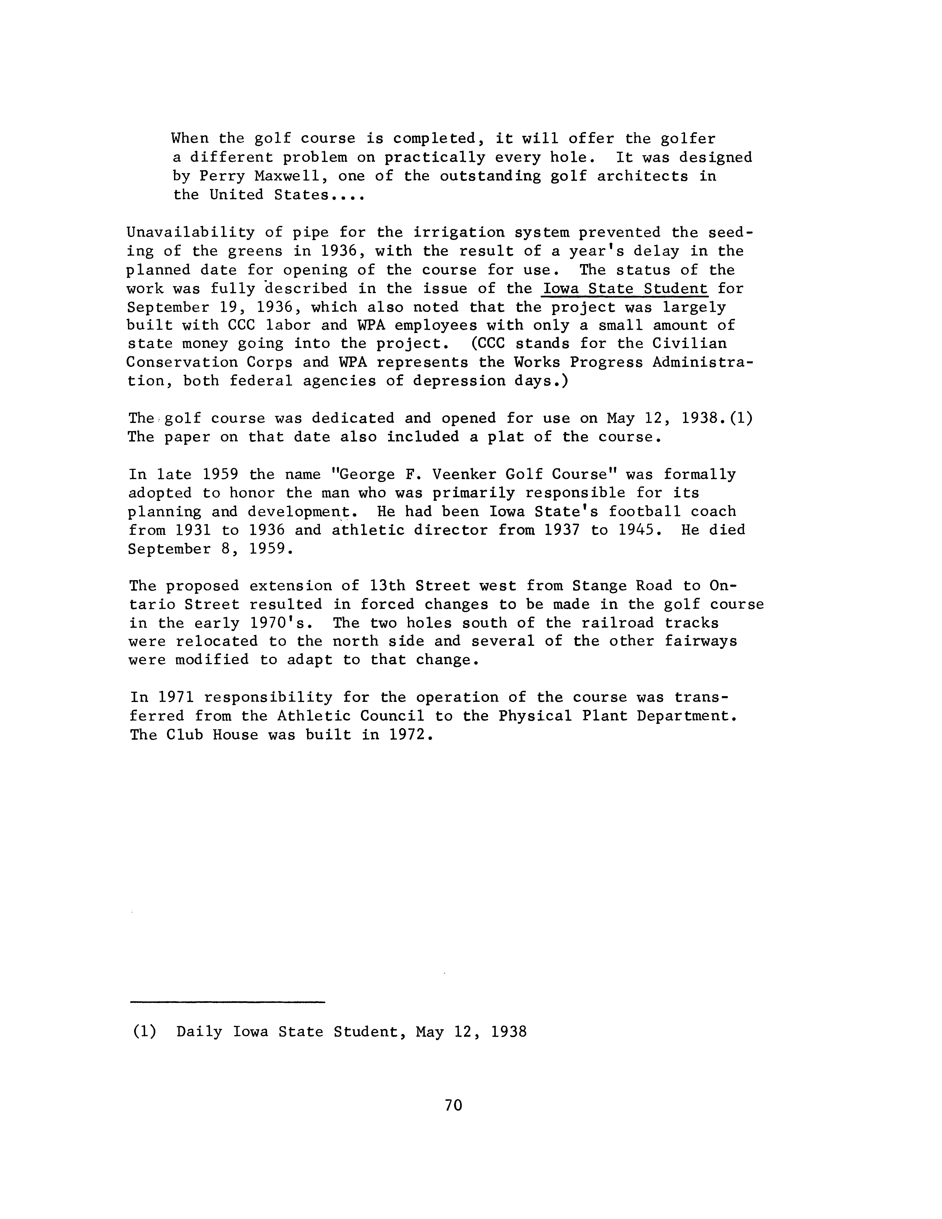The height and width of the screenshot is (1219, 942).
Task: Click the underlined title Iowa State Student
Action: (x=625, y=288)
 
